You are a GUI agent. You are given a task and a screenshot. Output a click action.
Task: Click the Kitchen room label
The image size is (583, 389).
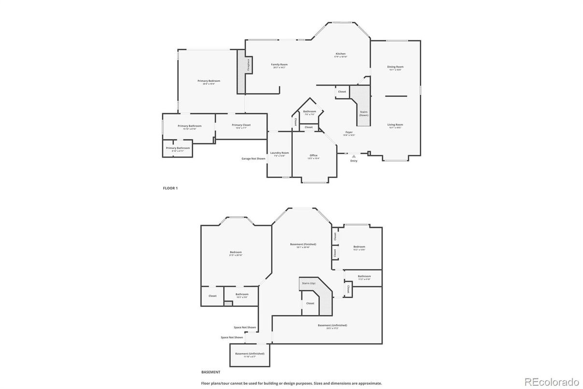pyautogui.click(x=341, y=54)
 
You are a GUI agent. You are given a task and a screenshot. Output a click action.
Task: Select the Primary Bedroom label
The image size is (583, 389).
pyautogui.click(x=209, y=81)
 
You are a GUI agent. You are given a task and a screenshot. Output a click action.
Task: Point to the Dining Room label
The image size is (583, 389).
pyautogui.click(x=395, y=67)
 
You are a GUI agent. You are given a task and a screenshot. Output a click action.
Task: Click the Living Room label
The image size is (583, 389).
pyautogui.click(x=395, y=124)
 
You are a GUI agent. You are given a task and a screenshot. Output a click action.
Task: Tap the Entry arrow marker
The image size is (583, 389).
pyautogui.click(x=354, y=156)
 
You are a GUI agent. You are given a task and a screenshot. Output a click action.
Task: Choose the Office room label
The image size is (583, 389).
pyautogui.click(x=313, y=155)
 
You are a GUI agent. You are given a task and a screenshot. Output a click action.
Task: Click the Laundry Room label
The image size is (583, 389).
pyautogui.click(x=279, y=153)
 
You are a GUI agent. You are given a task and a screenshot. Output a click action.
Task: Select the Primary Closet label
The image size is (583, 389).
pyautogui.click(x=241, y=125)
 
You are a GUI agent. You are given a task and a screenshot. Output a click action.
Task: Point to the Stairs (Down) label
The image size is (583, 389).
pyautogui.click(x=364, y=113)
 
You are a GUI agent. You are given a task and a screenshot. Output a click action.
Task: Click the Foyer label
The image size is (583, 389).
pyautogui.click(x=349, y=132)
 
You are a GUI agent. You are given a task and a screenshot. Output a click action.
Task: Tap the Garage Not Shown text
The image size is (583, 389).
pyautogui.click(x=254, y=158)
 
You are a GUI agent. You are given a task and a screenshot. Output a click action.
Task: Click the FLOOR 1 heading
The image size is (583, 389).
pyautogui.click(x=170, y=188)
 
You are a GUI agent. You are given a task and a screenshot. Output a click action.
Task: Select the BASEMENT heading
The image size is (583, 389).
pyautogui.click(x=211, y=372)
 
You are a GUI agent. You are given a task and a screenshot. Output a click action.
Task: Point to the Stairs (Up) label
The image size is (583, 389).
pyautogui.click(x=309, y=283)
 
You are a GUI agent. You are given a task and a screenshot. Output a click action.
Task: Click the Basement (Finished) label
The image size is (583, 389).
pyautogui.click(x=303, y=244)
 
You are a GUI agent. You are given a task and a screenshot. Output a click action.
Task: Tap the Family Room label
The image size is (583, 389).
pyautogui.click(x=279, y=64)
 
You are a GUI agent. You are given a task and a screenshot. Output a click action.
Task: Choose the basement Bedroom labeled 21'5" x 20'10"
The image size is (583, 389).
pyautogui.click(x=236, y=252)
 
